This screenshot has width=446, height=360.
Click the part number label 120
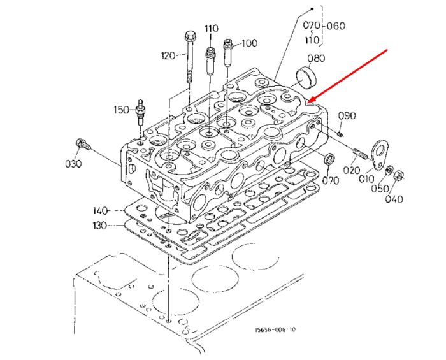pos(168,55)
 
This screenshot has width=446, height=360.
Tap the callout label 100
pos(250,43)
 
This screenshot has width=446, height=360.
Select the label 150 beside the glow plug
pos(122,110)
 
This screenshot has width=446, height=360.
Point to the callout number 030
pos(73,164)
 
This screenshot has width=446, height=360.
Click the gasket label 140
pos(101,211)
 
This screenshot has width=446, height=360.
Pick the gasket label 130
pos(100,226)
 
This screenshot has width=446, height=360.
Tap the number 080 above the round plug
pos(316,58)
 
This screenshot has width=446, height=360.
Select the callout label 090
pos(347,116)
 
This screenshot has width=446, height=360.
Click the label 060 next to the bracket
pos(336,26)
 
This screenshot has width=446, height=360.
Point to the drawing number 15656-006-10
pos(275,329)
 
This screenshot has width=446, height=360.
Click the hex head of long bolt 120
pos(189,36)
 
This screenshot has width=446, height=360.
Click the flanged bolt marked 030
pos(83,144)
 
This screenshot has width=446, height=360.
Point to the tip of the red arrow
pos(308,102)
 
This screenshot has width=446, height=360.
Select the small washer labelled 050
pos(389,170)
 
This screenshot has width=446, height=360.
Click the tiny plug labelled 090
pos(340,133)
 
